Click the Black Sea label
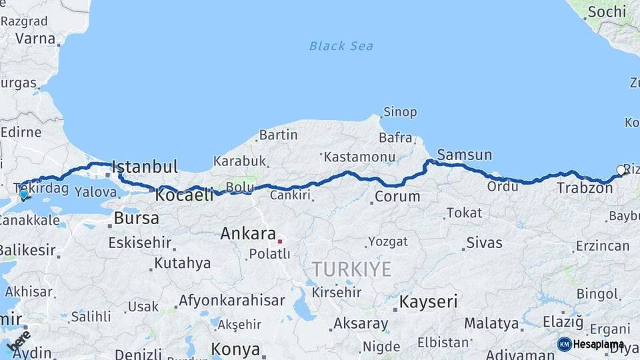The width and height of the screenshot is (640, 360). point(341,46)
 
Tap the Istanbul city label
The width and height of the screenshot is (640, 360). point(145,167)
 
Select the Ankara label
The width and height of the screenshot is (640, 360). point(248,234)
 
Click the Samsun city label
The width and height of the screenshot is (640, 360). point(464,155)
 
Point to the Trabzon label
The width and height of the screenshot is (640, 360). point(585,189)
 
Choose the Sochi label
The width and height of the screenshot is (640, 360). point(607,11)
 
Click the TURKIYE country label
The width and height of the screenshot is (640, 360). point(351,269)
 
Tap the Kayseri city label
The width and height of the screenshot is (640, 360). point(429,301)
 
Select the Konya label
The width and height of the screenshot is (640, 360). point(235,349)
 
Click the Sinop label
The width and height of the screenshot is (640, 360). point(400,112)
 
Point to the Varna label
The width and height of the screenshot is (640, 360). point(35,38)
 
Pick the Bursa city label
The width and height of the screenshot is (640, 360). point(137,218)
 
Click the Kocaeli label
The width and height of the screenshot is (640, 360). point(185,195)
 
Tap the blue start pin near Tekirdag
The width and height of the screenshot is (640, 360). point(24,195)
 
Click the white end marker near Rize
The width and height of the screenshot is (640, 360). point(621,170)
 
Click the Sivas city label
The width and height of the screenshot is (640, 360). point(484,243)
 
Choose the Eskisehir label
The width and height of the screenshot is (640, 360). point(140,243)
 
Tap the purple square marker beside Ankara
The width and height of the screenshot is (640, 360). point(281,241)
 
